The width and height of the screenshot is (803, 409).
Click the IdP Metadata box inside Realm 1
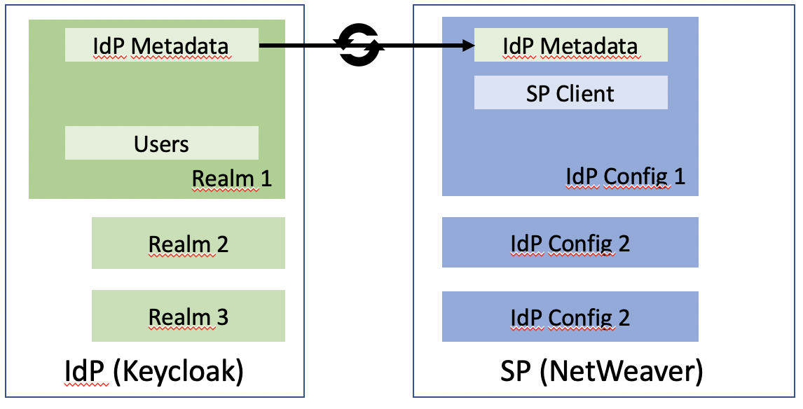click(x=161, y=45)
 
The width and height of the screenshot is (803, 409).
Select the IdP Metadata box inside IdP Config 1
click(x=570, y=45)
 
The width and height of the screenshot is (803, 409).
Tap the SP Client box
click(x=570, y=92)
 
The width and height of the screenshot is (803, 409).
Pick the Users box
click(x=161, y=143)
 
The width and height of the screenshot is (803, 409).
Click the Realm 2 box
click(x=188, y=243)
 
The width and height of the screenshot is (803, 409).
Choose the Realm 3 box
click(x=188, y=316)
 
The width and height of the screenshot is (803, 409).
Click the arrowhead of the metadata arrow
click(x=469, y=46)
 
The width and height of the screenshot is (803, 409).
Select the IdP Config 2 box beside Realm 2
click(x=570, y=242)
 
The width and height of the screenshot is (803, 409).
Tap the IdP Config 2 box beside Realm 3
click(x=570, y=317)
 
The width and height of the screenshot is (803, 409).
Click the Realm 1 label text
click(x=231, y=179)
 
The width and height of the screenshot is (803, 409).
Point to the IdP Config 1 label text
click(x=625, y=176)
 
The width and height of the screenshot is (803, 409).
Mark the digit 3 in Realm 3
click(x=222, y=317)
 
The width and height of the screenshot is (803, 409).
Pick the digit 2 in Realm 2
click(x=222, y=244)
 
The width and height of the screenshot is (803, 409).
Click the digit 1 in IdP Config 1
click(x=680, y=176)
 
